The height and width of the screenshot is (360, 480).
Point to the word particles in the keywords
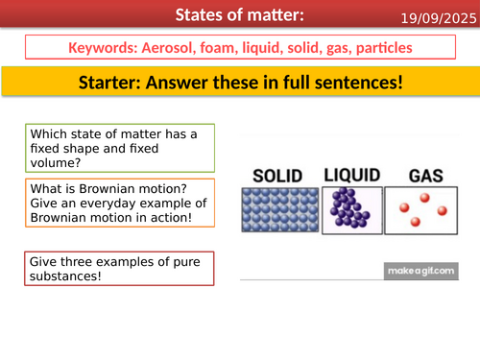[x=381, y=47]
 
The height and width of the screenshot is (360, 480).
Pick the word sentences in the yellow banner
[x=352, y=84]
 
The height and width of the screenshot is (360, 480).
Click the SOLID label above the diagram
[x=276, y=176]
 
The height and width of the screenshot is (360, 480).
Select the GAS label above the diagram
[x=423, y=177]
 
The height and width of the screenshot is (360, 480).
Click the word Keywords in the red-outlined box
[x=105, y=47]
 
